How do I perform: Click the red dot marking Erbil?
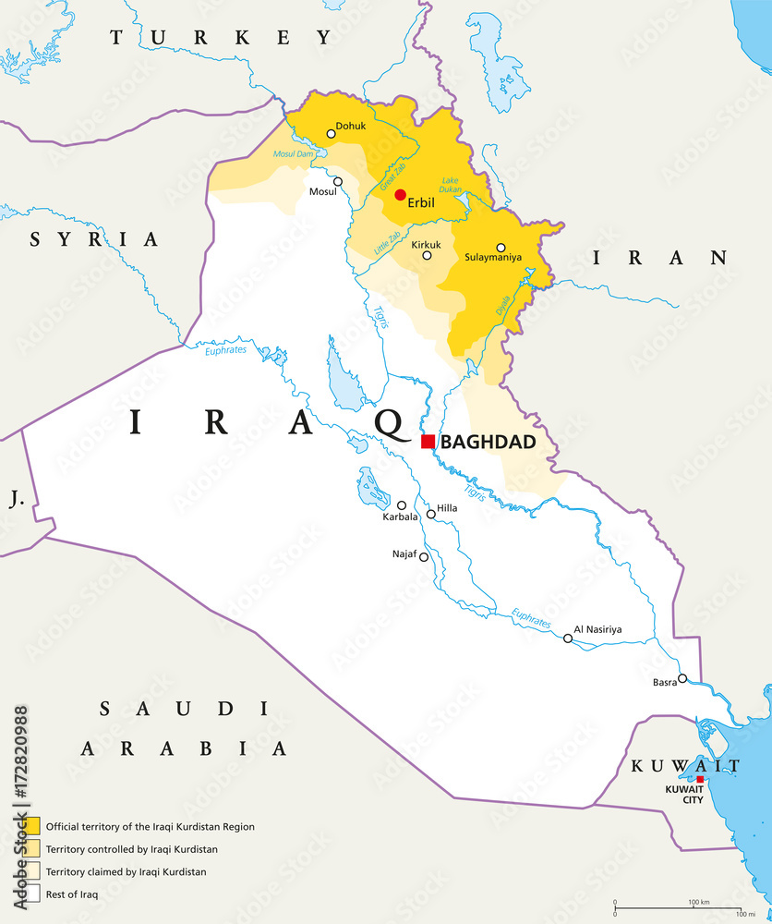click(x=400, y=194)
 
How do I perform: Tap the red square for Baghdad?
click(x=428, y=442)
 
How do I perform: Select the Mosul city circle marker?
click(x=338, y=182)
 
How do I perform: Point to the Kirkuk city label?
click(x=426, y=243)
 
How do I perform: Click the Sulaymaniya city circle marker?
click(x=501, y=248)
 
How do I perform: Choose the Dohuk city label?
click(x=351, y=125)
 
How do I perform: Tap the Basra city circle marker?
click(x=682, y=678)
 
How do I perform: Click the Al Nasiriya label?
click(x=597, y=629)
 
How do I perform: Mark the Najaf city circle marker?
click(x=424, y=556)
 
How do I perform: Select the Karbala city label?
click(x=401, y=517)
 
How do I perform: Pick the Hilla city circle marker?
click(x=430, y=514)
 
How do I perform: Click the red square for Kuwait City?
click(x=700, y=780)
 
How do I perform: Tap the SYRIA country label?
click(x=93, y=239)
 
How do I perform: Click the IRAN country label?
click(x=659, y=258)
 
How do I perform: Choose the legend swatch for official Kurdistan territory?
click(x=32, y=826)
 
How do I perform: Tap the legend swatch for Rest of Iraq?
click(x=32, y=894)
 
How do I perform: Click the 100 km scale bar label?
click(x=697, y=901)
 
